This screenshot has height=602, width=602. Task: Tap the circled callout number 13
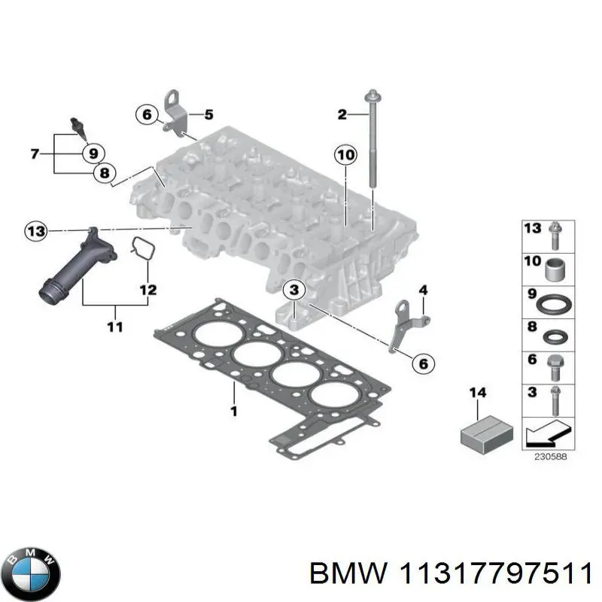[35, 231]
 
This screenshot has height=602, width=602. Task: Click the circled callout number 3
[293, 290]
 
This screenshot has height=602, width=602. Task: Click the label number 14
[478, 393]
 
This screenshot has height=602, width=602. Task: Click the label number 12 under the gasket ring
[147, 289]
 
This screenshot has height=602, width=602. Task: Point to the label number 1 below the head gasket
[234, 411]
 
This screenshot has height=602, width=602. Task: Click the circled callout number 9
[93, 153]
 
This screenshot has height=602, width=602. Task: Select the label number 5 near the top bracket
[208, 115]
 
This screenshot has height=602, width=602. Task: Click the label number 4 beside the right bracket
[423, 290]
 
